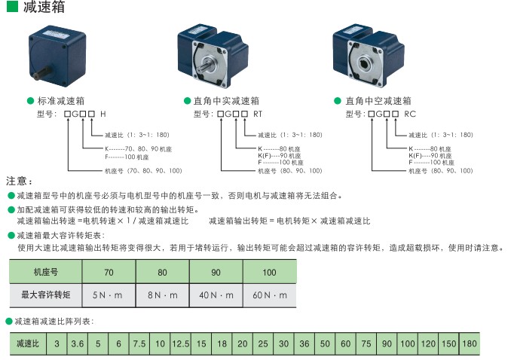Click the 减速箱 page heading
click(43, 8)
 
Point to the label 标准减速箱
click(66, 100)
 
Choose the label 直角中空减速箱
click(378, 100)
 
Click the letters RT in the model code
click(258, 114)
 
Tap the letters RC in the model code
click(410, 114)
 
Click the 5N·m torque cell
click(109, 294)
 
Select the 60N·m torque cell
click(270, 294)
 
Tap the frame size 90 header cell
click(216, 272)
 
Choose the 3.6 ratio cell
click(77, 344)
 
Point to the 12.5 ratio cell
click(180, 344)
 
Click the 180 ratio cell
click(469, 344)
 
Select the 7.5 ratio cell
click(139, 344)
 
